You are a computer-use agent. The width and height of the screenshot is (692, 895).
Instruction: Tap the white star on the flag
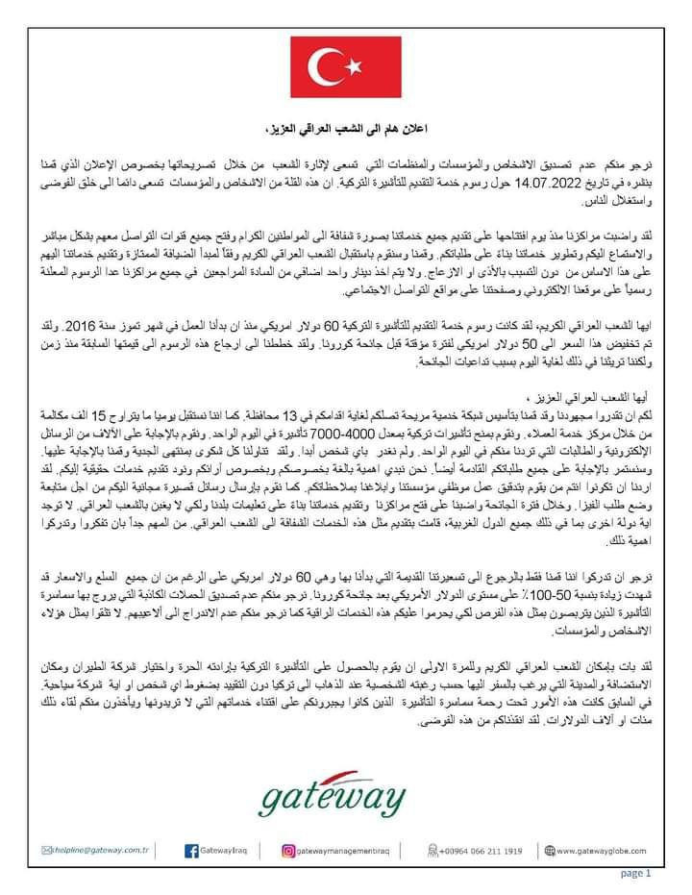click(353, 65)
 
